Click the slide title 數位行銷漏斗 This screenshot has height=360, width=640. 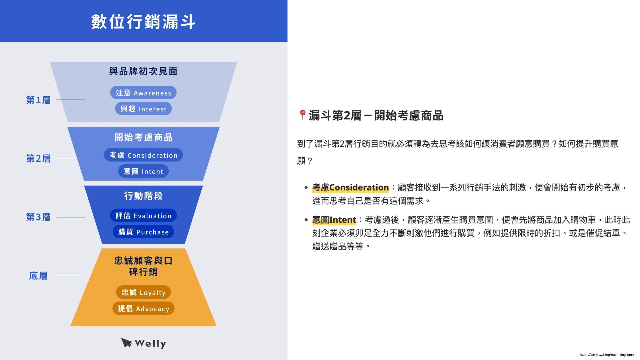(143, 22)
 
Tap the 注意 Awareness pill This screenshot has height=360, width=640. (143, 93)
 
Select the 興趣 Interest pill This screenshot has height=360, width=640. (143, 109)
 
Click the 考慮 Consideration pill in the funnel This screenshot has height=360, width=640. (143, 155)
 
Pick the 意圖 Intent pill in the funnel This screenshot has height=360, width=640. (143, 171)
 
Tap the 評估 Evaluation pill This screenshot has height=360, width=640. (143, 216)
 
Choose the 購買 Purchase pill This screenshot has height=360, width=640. (143, 232)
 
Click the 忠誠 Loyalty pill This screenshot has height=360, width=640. (143, 292)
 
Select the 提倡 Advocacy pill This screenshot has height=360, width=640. (143, 309)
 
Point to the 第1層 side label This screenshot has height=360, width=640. (38, 100)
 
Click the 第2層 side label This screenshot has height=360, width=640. (38, 158)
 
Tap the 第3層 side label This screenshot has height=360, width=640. (38, 217)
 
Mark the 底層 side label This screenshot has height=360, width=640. (38, 276)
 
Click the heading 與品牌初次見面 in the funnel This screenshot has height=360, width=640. (143, 71)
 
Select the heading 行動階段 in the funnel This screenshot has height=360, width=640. (143, 196)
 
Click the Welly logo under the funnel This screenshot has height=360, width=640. (143, 343)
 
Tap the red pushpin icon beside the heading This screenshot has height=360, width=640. (302, 115)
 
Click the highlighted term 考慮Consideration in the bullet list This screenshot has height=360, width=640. (350, 187)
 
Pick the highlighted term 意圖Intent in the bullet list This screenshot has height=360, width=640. (334, 220)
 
